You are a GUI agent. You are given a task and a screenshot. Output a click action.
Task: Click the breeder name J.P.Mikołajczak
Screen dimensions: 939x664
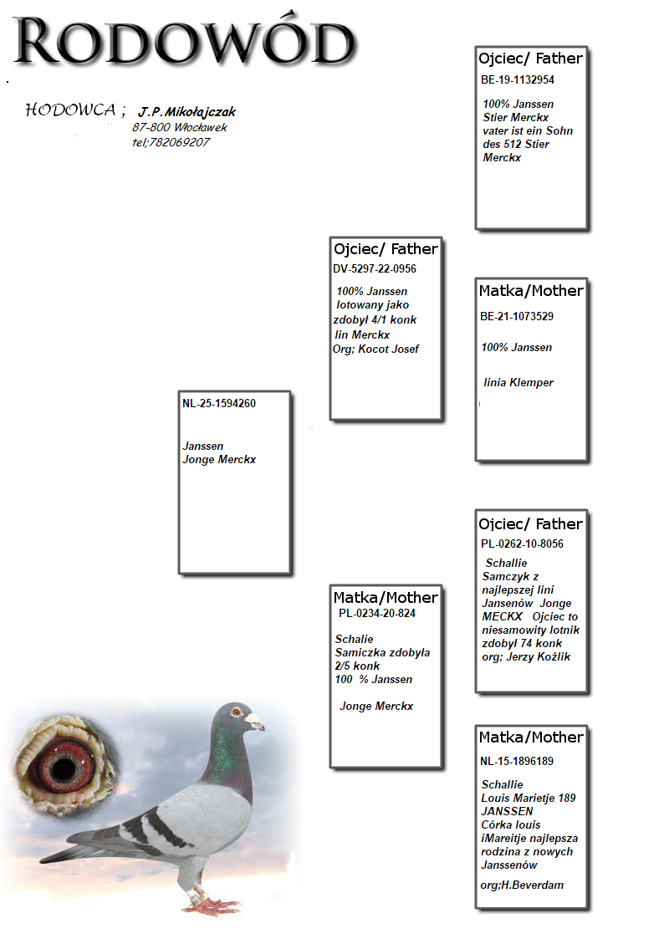[187, 112]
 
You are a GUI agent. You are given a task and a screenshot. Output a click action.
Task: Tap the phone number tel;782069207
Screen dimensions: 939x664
[171, 142]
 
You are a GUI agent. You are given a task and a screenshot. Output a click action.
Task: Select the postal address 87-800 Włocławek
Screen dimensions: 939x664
[179, 127]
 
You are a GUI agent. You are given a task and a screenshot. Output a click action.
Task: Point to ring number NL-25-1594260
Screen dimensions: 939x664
[219, 403]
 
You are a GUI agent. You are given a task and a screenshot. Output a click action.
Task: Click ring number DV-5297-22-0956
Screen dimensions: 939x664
[375, 268]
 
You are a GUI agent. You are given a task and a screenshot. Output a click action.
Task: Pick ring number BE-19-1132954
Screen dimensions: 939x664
[518, 80]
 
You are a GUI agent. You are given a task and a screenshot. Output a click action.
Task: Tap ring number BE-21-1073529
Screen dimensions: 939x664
[517, 316]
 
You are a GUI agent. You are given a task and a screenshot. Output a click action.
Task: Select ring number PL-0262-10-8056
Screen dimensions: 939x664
[522, 544]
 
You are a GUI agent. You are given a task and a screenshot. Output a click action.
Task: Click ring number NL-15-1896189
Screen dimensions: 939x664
[517, 761]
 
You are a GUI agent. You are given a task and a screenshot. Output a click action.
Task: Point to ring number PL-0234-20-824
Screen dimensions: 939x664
[377, 613]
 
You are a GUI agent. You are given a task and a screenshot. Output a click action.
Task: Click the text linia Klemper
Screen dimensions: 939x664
[518, 382]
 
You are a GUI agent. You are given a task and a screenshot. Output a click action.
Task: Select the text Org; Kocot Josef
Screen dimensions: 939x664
[375, 349]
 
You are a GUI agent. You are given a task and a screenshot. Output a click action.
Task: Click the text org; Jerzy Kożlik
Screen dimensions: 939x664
[525, 656]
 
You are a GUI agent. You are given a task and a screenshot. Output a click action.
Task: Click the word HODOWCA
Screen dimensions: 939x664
[70, 110]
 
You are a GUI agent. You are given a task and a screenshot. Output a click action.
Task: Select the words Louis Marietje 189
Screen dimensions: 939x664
[528, 798]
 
